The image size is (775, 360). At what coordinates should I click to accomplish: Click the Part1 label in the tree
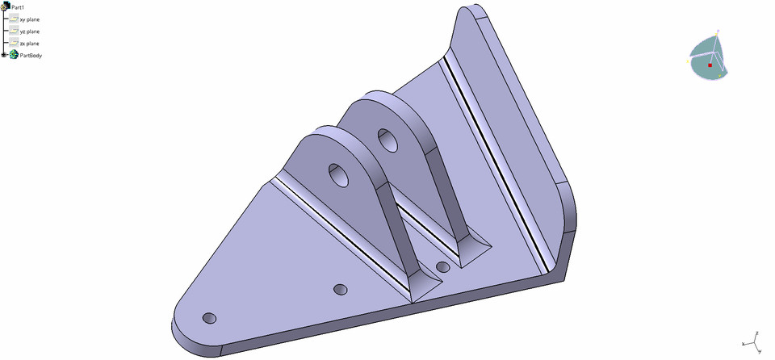pos(18,6)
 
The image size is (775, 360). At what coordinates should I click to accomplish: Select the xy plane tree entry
pos(29,19)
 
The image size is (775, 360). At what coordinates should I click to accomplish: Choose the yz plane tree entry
pos(29,31)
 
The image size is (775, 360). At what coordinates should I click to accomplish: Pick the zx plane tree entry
pos(29,43)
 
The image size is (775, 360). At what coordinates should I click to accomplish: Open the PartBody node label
pos(31,55)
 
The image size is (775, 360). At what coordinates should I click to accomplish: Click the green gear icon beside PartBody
pos(14,55)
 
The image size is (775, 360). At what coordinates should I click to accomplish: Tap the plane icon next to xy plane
pos(13,19)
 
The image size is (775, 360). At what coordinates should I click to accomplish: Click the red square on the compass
pos(710,65)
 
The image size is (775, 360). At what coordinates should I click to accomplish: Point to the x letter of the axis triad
pos(744,343)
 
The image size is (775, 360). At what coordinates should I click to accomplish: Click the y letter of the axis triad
pos(760,350)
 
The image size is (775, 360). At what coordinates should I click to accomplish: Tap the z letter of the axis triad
pos(756,332)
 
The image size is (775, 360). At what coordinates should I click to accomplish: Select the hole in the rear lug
pos(387,140)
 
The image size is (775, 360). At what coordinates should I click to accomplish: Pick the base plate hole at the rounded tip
pos(209,318)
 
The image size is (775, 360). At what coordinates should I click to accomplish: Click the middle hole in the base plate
pos(340,288)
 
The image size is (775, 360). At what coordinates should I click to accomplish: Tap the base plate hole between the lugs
pos(442,266)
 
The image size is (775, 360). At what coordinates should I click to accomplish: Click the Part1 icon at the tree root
pos(5,6)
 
